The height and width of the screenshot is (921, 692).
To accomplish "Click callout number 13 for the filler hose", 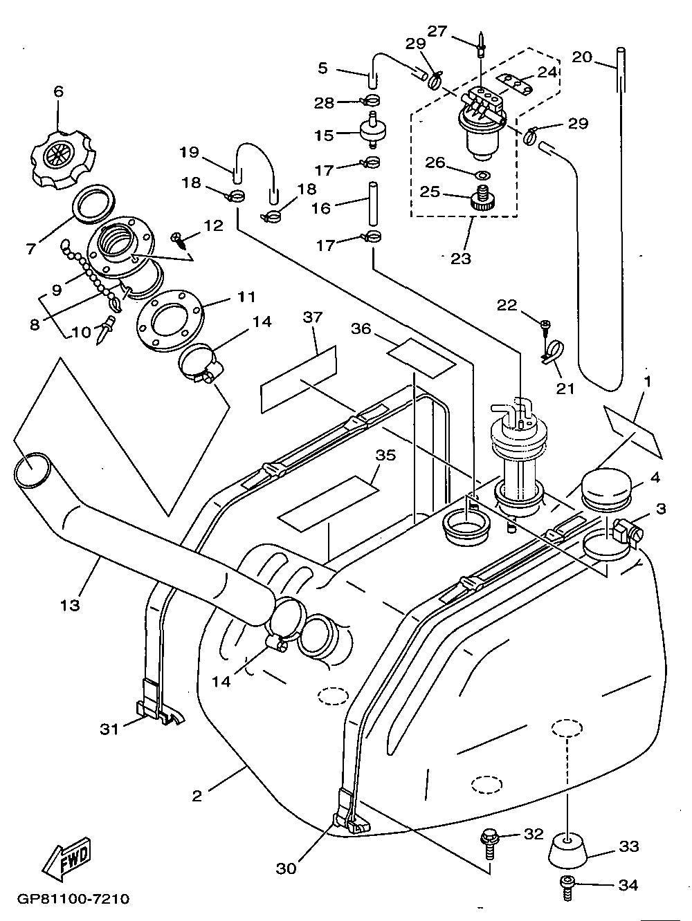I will point(70,605).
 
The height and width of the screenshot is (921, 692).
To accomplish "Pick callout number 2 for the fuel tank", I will point(197,796).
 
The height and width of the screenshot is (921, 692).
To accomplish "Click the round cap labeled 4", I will point(605,485).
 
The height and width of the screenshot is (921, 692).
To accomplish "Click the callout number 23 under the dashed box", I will point(461,258).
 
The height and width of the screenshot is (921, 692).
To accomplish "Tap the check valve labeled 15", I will point(372,132).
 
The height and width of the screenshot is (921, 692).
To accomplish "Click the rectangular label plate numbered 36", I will point(421,357).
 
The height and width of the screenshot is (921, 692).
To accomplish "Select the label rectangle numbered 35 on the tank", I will point(327,499).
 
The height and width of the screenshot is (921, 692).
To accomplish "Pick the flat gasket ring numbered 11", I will point(168,321).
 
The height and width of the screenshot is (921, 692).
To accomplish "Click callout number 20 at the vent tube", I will point(582,57).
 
